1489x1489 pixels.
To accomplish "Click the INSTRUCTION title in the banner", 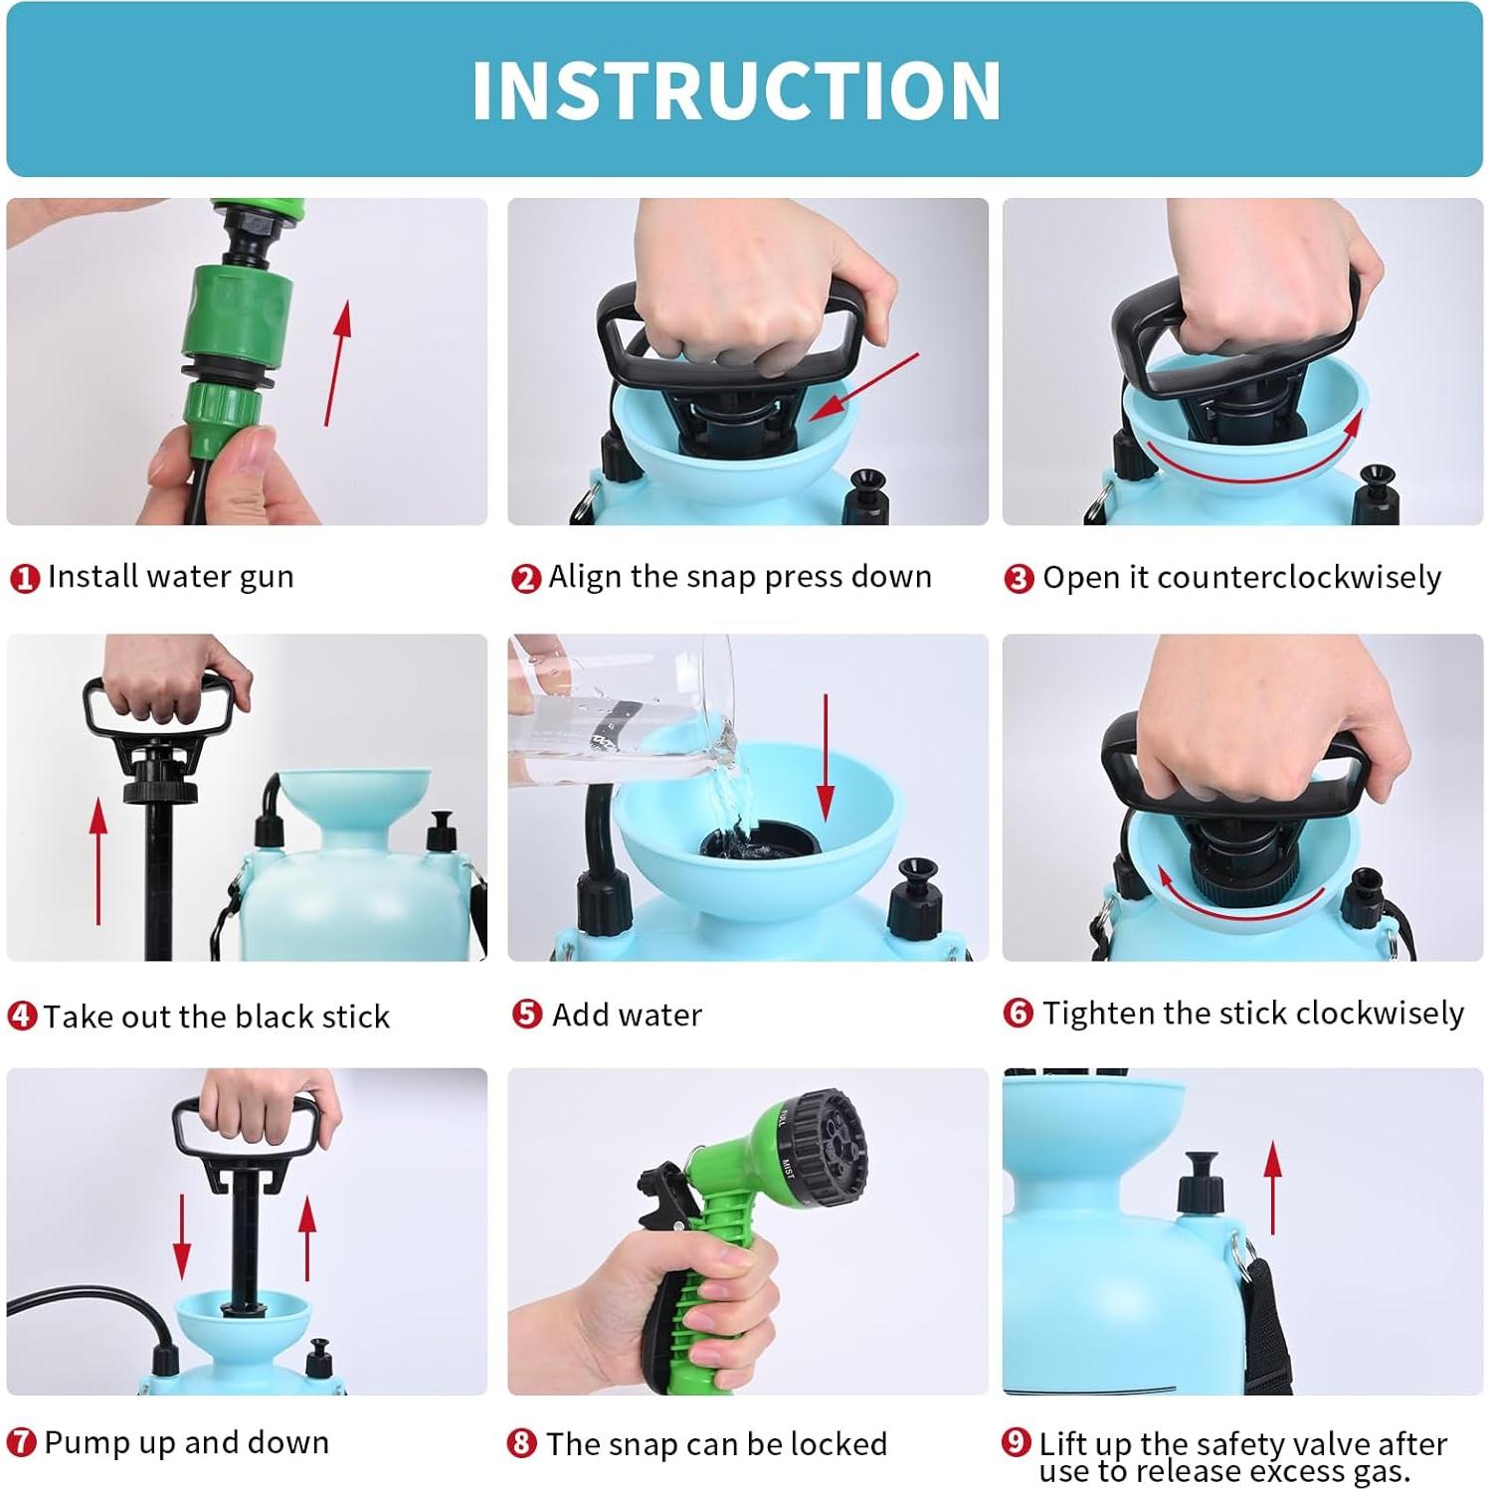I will point(736,90).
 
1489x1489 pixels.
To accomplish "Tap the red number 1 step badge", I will point(24,578).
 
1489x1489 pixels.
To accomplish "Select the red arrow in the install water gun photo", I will point(338,363).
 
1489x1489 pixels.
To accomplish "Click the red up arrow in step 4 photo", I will point(97,860).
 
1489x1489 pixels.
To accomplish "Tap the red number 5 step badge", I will point(526,1014).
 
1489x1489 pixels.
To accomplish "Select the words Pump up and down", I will point(186,1442).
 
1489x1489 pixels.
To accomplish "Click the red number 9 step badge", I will point(1016,1442).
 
